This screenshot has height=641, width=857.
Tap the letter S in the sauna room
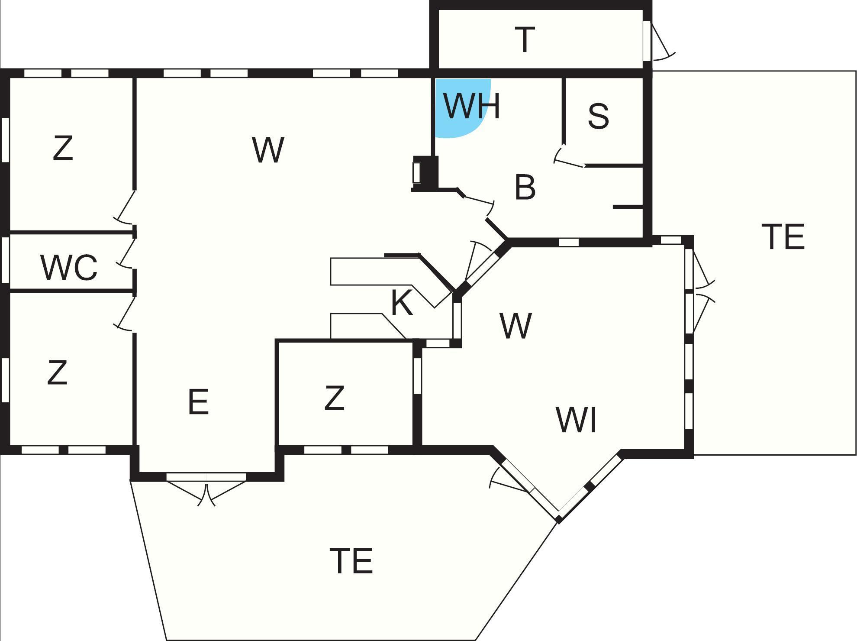599,116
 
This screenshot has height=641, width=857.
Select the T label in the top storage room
525,39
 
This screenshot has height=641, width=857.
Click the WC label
69,267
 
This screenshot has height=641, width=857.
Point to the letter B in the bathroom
525,187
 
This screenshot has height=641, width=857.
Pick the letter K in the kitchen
402,302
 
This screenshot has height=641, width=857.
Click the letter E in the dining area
199,401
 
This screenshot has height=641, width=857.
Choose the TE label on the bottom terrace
351,560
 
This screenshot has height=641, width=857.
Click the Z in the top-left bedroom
63,148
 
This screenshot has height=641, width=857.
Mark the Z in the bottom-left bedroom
57,372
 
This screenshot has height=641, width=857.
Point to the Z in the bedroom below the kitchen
335,398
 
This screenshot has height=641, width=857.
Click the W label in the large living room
268,150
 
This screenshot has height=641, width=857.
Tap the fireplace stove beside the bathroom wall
425,173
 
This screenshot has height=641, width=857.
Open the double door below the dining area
206,489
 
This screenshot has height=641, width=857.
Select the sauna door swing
569,156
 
